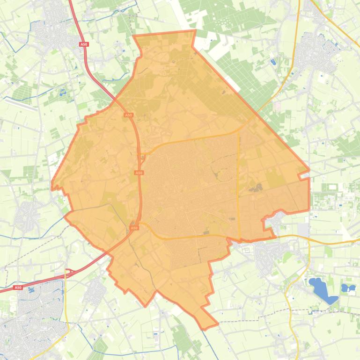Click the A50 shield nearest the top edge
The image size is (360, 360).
tap(83, 44)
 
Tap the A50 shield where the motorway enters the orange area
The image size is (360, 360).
tap(128, 115)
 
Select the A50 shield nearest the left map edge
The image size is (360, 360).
tap(18, 288)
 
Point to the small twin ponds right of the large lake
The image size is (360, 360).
tap(348, 288)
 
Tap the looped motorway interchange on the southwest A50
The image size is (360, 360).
tap(70, 272)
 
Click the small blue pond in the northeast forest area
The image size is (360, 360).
tap(273, 61)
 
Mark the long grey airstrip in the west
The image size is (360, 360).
tap(21, 104)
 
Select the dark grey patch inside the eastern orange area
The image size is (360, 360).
tap(256, 189)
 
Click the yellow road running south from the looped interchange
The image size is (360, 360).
tap(66, 309)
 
